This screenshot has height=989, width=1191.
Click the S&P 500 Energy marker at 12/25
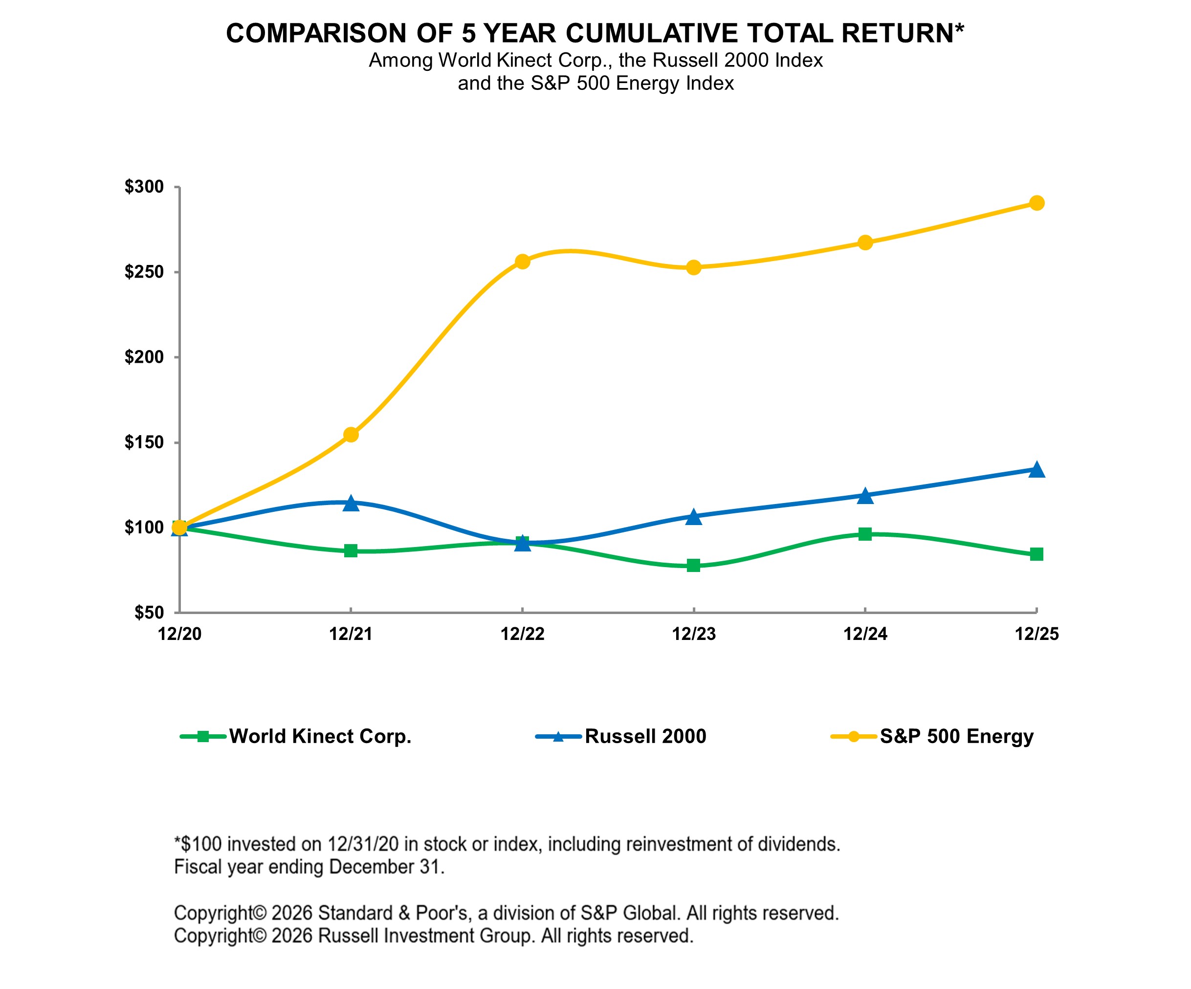point(1036,203)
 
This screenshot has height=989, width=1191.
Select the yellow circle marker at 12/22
point(522,262)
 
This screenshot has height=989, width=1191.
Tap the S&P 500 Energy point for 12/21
point(351,435)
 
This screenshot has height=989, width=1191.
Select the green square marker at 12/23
point(694,565)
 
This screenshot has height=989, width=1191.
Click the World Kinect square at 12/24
point(865,534)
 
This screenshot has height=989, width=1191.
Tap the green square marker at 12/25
point(1036,554)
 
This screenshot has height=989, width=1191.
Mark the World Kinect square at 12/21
point(351,550)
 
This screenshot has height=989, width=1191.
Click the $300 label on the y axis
point(144,187)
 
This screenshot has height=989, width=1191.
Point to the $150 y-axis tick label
point(144,442)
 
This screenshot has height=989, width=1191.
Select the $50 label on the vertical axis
point(149,613)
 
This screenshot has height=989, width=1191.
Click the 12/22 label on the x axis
point(522,634)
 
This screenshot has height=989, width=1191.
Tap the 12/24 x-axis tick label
point(865,634)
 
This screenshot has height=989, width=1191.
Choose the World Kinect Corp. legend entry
point(320,737)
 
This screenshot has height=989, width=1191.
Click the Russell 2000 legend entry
point(645,737)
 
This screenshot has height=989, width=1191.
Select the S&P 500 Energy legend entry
point(956,737)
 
